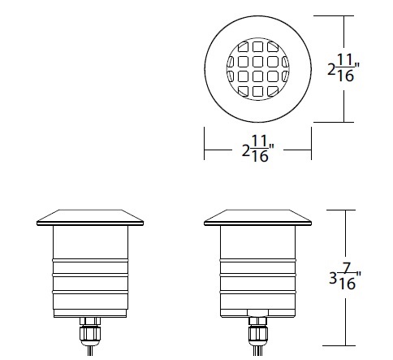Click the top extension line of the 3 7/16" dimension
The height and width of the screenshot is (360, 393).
(x=345, y=210)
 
